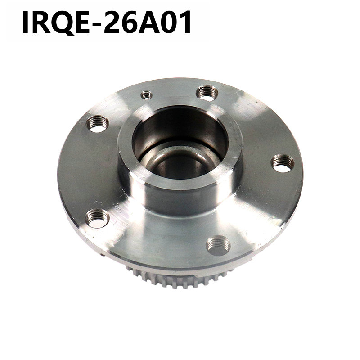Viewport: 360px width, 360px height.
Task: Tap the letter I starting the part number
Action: tap(25, 22)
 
